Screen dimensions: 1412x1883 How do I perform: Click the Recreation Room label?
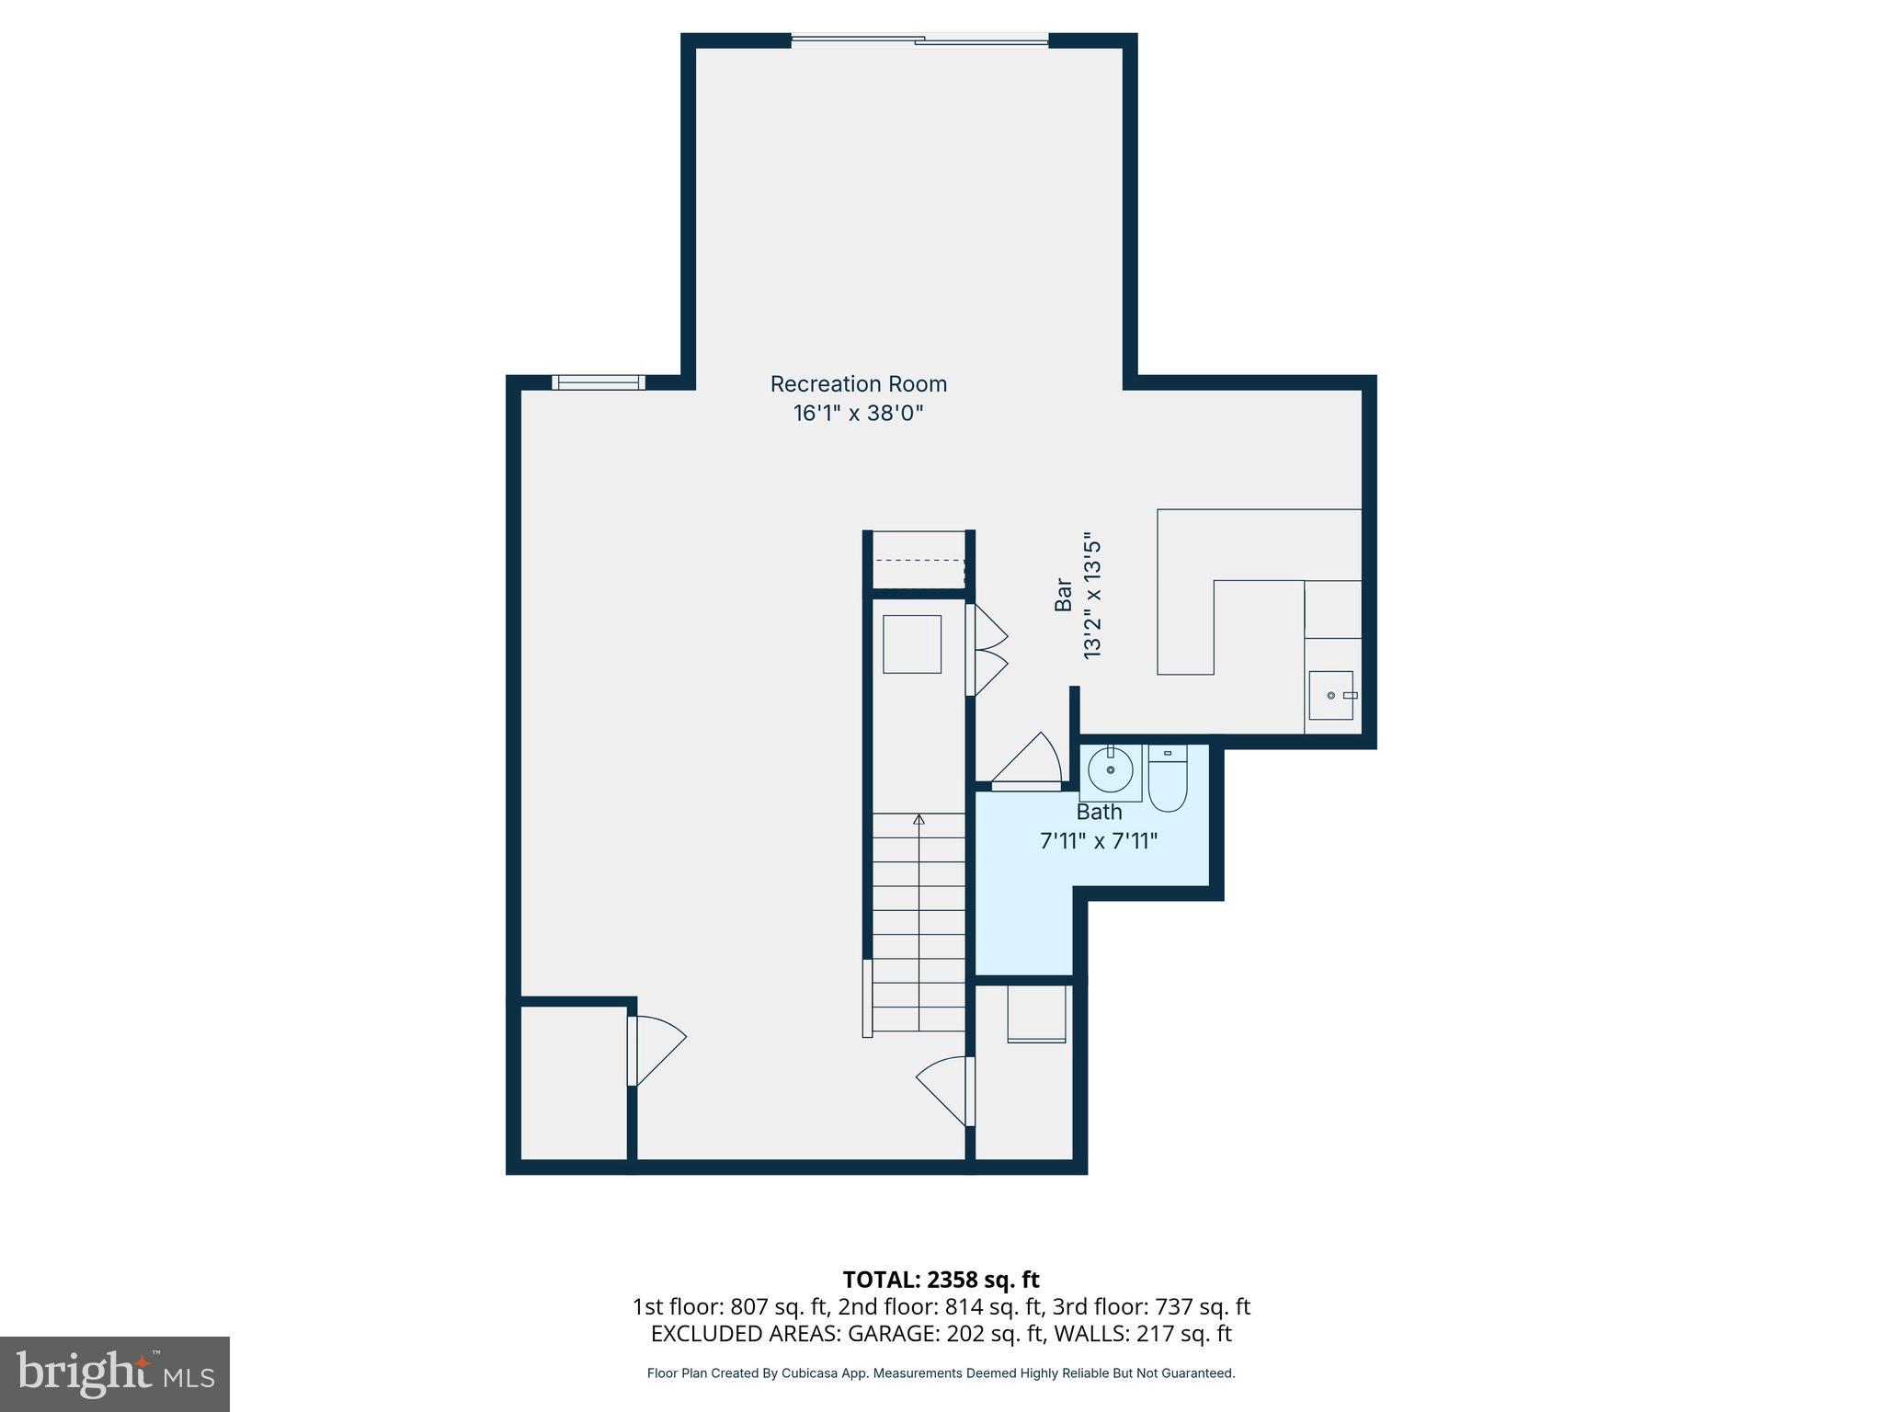(x=858, y=384)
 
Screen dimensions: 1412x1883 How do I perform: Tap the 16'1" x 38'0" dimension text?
(x=858, y=414)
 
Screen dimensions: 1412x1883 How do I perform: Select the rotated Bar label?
(x=1064, y=595)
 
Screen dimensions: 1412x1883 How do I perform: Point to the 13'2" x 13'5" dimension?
(x=1092, y=595)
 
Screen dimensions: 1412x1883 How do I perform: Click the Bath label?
(x=1099, y=813)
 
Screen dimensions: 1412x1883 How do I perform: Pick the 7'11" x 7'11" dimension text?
(x=1099, y=841)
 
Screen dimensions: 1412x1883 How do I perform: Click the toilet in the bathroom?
(x=1168, y=780)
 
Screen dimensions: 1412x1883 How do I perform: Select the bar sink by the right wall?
(x=1330, y=695)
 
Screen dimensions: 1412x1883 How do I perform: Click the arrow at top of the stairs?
(x=919, y=819)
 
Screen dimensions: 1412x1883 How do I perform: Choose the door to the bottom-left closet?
(x=656, y=1049)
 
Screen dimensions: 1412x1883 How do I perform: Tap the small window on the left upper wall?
(x=599, y=382)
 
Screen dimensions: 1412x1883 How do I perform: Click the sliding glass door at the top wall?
(x=919, y=40)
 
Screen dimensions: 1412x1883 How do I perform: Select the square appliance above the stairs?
(x=912, y=644)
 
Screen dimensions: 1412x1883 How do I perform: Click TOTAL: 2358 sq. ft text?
(x=941, y=1280)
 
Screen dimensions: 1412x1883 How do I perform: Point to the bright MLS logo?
(x=115, y=1373)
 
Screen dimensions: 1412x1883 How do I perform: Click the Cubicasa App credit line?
(x=941, y=1373)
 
